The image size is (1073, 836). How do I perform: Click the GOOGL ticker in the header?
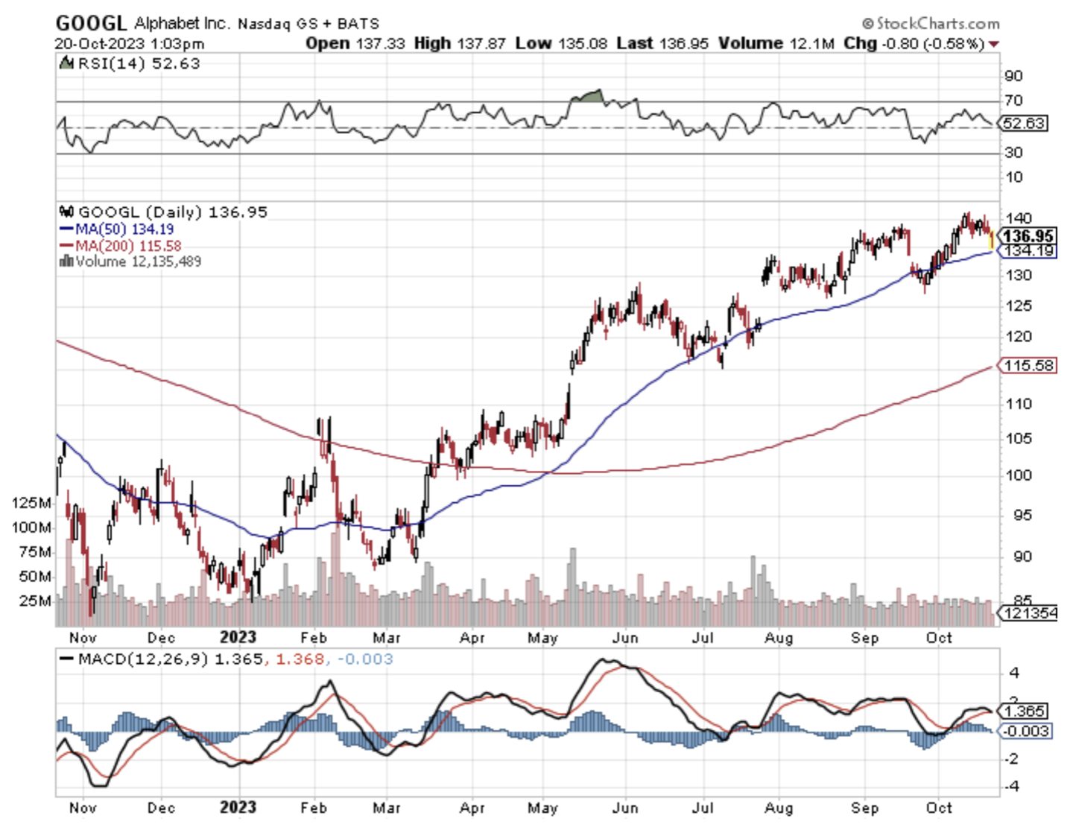pos(91,23)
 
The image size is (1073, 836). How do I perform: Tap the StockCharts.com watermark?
pos(931,24)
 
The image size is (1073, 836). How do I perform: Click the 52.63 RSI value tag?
pos(1023,123)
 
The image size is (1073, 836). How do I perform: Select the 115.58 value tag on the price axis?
pos(1028,366)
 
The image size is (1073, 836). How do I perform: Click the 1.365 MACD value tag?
pos(1025,711)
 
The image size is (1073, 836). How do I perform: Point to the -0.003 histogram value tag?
pos(1026,731)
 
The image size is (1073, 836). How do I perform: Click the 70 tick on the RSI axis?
pos(1013,101)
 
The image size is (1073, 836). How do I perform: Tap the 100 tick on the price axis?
pos(1018,475)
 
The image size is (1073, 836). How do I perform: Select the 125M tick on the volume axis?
pos(31,504)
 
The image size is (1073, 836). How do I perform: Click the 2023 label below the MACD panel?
pos(238,808)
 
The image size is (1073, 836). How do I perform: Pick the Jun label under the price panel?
pos(624,639)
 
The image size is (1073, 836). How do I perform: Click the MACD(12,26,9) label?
pos(142,659)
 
